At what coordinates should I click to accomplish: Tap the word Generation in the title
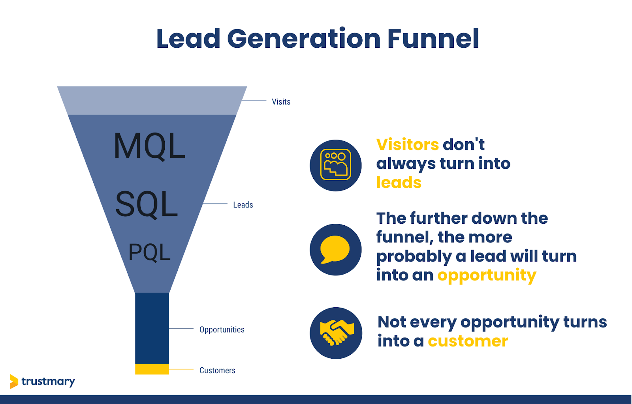(304, 39)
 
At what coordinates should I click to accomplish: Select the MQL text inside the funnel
(149, 146)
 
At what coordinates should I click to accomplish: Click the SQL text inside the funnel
(147, 204)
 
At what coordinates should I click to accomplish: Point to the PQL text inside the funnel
(149, 252)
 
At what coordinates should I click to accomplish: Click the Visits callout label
(281, 102)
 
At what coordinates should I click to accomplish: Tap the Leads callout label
(243, 205)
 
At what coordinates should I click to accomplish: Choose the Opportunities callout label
(222, 329)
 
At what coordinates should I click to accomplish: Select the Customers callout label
(217, 370)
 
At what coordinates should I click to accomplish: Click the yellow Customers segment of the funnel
(152, 369)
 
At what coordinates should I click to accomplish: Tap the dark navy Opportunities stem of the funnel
(152, 327)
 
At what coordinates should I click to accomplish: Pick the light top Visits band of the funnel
(152, 101)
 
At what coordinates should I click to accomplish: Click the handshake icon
(336, 333)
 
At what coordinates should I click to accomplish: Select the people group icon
(336, 165)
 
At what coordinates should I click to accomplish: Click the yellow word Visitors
(407, 145)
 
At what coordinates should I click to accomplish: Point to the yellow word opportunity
(487, 275)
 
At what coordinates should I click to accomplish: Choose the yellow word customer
(468, 341)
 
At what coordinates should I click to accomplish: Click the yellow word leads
(399, 183)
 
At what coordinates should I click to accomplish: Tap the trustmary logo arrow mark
(14, 381)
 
